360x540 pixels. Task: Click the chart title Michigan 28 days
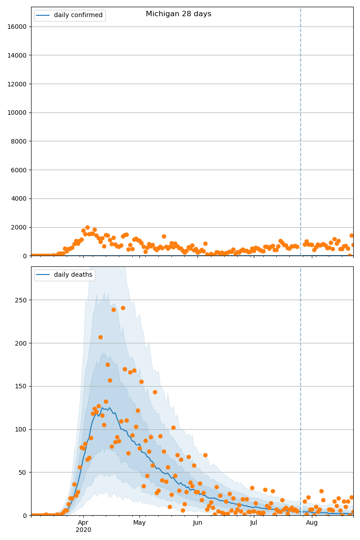click(178, 14)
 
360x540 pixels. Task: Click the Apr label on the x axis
click(83, 523)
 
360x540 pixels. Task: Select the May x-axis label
click(139, 523)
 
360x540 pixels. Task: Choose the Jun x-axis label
click(198, 523)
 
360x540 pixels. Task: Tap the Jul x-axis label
click(254, 523)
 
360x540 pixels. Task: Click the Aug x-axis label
click(312, 523)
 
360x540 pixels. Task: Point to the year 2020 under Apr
click(83, 530)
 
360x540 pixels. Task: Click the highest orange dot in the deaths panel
click(123, 308)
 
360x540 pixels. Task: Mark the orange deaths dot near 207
click(100, 337)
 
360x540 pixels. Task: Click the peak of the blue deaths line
click(102, 408)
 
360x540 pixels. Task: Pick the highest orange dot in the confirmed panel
click(87, 228)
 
